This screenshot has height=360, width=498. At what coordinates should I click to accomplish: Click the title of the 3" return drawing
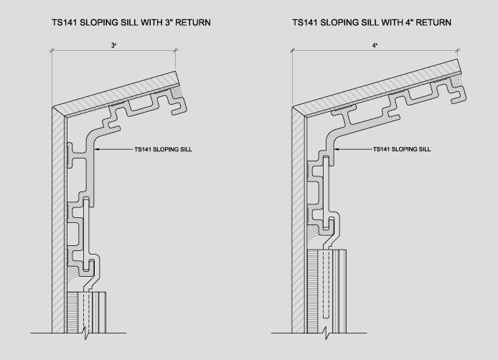click(131, 22)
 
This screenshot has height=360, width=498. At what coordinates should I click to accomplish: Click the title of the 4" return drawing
click(372, 22)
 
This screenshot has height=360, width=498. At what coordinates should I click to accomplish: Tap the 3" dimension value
click(113, 45)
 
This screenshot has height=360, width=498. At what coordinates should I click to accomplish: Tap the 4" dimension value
click(375, 45)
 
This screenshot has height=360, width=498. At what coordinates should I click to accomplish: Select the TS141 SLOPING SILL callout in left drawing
click(163, 149)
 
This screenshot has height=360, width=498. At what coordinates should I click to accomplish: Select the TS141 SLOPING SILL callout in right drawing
click(402, 149)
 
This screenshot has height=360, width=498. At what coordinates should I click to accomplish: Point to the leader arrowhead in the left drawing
click(96, 149)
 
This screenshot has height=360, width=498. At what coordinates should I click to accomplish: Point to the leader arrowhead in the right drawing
click(336, 149)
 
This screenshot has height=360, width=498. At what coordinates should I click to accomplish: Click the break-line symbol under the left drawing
click(86, 333)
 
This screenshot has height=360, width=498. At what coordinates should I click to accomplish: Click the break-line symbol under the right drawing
click(326, 333)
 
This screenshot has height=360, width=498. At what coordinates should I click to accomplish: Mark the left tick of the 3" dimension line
click(52, 50)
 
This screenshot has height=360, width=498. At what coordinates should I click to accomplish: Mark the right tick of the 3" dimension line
click(176, 50)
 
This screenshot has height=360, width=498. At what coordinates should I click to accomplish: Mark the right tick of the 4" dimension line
click(457, 50)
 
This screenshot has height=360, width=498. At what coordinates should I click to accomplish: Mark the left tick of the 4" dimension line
click(292, 50)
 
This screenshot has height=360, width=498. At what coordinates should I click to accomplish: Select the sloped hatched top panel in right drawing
click(377, 88)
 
